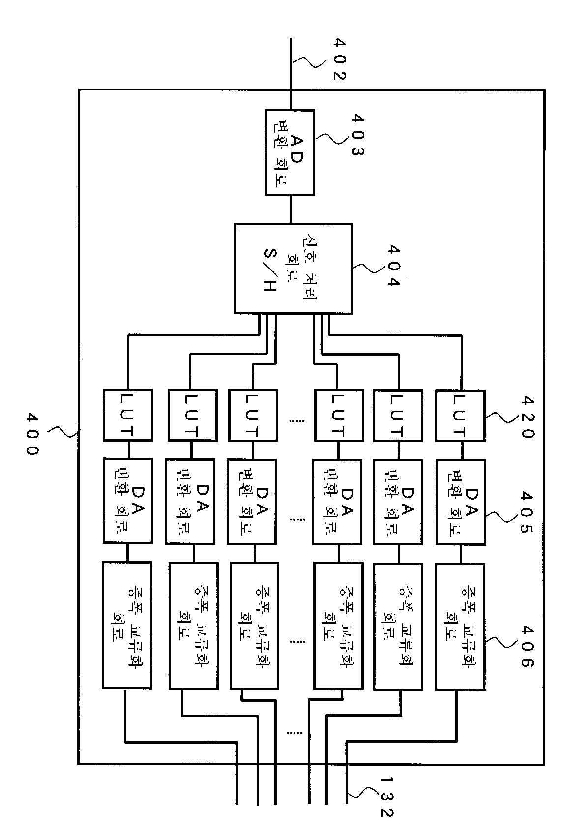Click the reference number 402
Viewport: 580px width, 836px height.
[339, 59]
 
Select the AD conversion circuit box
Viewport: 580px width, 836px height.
[290, 152]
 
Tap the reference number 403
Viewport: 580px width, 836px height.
[358, 135]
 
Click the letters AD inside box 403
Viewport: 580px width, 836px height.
[297, 149]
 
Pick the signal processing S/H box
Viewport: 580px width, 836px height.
[293, 269]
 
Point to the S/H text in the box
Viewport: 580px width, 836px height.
[270, 270]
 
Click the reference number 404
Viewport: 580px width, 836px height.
[394, 266]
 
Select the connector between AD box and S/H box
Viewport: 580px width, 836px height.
[291, 209]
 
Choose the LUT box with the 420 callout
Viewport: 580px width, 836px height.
[461, 416]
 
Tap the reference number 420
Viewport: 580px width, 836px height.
[527, 417]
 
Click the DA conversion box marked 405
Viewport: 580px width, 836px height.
[461, 503]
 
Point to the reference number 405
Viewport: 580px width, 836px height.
[526, 512]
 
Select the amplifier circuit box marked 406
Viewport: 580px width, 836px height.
[461, 627]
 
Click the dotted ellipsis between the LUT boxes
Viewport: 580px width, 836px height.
[297, 421]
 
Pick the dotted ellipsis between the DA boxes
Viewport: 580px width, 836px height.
[297, 519]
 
